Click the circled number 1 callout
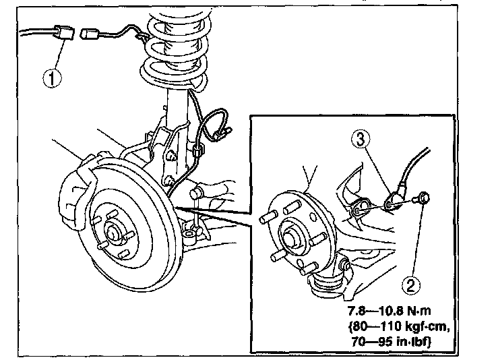click(53, 77)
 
